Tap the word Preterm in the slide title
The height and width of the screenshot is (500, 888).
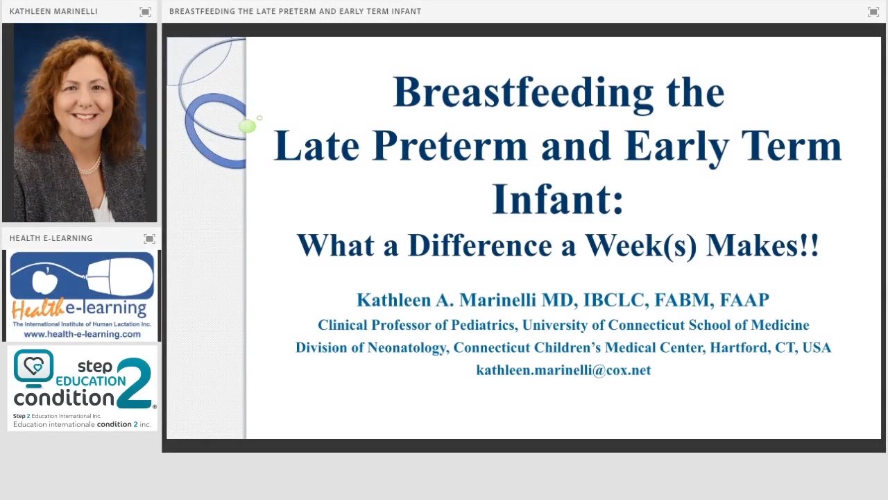coord(450,145)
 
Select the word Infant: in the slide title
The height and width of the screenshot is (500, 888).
coord(558,199)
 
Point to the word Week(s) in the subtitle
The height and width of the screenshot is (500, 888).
coord(640,246)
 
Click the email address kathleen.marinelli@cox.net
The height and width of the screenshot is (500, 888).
coord(563,370)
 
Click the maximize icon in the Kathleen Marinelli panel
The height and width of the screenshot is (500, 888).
coord(145,12)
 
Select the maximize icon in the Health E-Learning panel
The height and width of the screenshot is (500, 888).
coord(149,238)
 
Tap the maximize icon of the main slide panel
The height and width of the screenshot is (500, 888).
coord(873,12)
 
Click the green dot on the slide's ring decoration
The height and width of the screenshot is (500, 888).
coord(248,126)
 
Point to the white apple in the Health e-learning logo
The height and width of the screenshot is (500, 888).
coord(44,281)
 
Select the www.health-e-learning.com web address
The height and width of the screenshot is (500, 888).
coord(82,334)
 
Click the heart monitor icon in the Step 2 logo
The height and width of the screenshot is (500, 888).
coord(34,368)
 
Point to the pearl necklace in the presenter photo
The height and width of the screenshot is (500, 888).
coord(90,166)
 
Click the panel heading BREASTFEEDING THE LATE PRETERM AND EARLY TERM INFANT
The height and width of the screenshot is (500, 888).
coord(296,12)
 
